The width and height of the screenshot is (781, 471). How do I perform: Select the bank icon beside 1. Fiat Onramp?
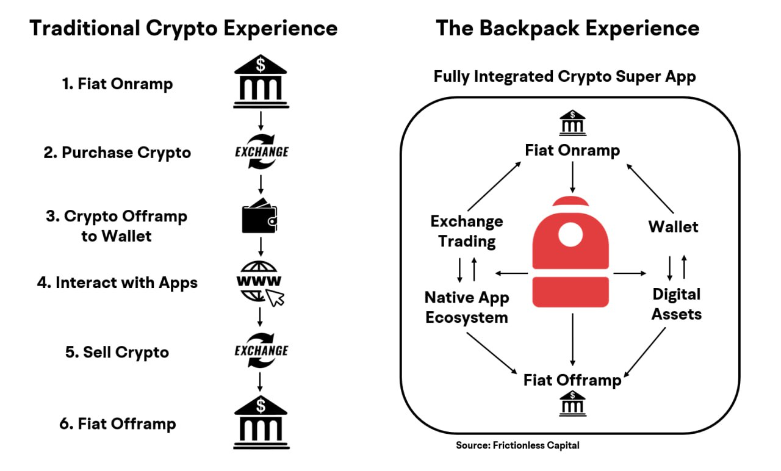point(261,83)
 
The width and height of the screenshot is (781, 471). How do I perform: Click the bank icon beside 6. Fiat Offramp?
point(261,422)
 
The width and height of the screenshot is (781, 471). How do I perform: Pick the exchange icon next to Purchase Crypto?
point(261,151)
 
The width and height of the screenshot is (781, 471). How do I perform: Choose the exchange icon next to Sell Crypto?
point(261,351)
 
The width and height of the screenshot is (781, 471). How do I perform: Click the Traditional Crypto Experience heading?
point(184,28)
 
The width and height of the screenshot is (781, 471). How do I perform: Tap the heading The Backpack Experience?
point(567,28)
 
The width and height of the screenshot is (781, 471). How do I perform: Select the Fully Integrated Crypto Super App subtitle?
point(564,77)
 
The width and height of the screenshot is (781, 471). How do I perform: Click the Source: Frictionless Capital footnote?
point(517,445)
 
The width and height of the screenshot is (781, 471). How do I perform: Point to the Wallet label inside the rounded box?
point(673,227)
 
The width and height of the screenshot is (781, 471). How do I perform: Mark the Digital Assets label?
point(676,304)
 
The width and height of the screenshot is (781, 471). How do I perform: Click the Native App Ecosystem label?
point(467,307)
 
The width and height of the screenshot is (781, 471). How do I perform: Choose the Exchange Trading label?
point(467,231)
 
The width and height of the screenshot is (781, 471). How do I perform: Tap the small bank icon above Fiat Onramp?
point(572,122)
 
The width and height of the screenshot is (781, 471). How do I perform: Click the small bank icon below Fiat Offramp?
point(572,404)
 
